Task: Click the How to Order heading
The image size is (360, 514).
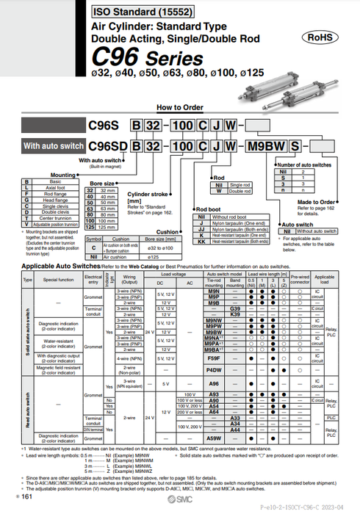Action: click(174, 107)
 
